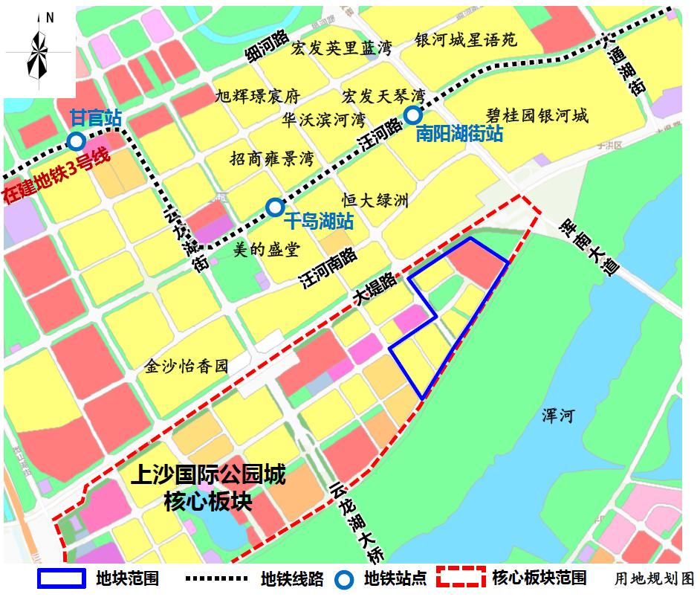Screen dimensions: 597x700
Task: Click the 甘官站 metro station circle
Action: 76,141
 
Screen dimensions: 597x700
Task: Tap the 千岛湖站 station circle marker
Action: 275,207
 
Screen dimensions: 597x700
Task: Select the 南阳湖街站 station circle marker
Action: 412,114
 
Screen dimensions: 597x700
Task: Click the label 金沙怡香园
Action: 187,366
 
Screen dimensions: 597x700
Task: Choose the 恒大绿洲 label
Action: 375,201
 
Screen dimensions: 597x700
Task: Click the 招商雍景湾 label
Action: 272,159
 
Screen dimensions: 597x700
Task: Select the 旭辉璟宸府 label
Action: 256,97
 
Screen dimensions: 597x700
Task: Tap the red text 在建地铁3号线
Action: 56,173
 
